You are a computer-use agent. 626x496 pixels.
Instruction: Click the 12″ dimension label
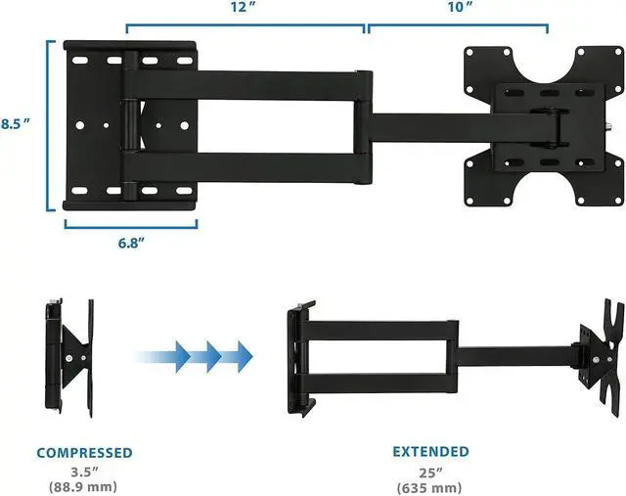(x=245, y=7)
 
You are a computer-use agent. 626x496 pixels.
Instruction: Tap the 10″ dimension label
(x=460, y=7)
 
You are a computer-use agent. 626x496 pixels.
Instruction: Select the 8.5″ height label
(x=16, y=124)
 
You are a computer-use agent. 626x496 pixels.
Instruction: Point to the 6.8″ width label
(x=131, y=243)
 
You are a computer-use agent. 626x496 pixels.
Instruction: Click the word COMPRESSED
(x=85, y=453)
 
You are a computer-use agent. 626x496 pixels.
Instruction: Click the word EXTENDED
(x=430, y=452)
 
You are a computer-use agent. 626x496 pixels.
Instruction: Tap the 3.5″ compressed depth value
(x=84, y=473)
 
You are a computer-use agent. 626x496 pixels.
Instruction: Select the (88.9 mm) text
(x=83, y=487)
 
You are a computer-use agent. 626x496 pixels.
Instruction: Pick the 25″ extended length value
(x=430, y=473)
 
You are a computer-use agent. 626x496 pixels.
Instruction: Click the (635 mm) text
(x=429, y=487)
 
